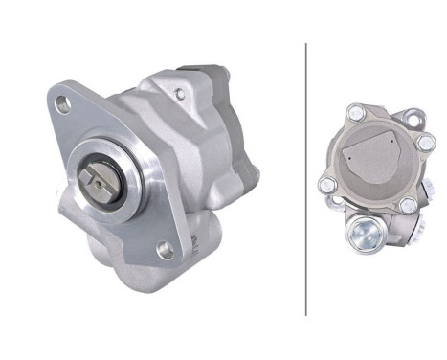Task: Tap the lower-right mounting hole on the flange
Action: click(x=164, y=250)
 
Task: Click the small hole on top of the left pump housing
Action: click(x=179, y=93)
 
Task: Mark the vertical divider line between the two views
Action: click(x=306, y=178)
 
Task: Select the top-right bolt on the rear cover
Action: click(x=424, y=142)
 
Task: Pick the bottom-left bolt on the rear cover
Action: click(x=327, y=184)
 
